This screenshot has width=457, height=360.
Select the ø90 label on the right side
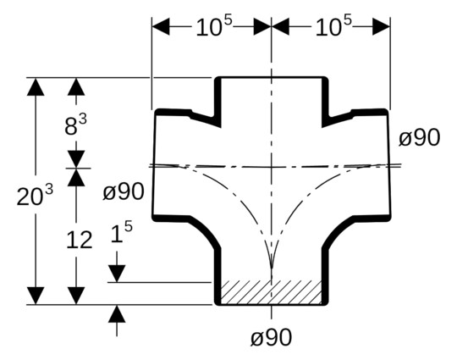[419, 137]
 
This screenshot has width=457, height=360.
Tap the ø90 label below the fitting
[271, 336]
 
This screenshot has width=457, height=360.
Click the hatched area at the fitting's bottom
[271, 291]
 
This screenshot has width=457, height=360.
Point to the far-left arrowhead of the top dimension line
[161, 26]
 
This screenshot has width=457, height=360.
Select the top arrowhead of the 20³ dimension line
[35, 86]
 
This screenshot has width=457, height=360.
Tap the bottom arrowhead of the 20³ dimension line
[35, 295]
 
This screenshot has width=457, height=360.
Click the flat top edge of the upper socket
[271, 78]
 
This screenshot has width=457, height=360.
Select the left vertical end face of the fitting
[153, 164]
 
